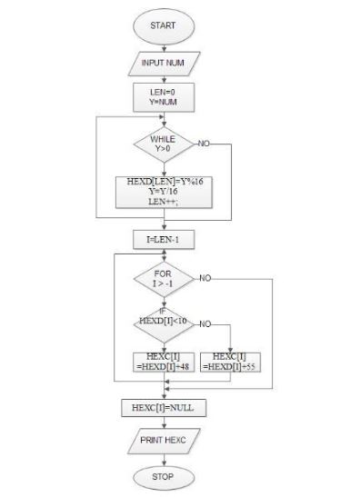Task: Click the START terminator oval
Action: pos(165,27)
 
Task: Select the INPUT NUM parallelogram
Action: pos(165,64)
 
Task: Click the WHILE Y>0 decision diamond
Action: pos(165,144)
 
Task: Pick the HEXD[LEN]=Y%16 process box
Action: pos(165,193)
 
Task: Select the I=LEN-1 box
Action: pos(165,240)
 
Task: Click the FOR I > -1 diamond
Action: pos(165,278)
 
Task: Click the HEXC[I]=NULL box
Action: pos(165,407)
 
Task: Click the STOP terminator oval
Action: pos(165,475)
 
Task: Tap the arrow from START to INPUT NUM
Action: pos(165,46)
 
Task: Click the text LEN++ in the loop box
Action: pos(165,204)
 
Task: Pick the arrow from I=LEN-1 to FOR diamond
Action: pos(165,254)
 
